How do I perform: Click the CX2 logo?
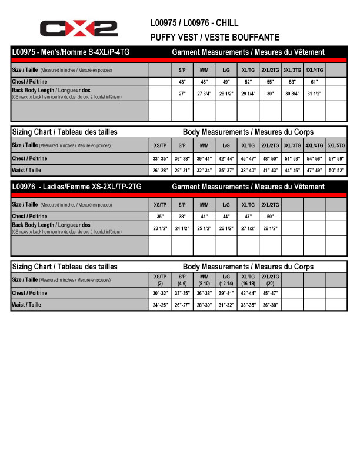(78, 28)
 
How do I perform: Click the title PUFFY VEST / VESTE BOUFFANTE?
(215, 37)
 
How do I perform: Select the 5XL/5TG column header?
(336, 145)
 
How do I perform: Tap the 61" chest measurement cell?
(314, 81)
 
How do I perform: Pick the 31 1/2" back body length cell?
(314, 93)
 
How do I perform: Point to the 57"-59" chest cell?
(336, 158)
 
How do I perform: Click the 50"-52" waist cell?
(336, 171)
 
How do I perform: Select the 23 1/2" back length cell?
(160, 228)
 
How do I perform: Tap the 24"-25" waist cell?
(160, 305)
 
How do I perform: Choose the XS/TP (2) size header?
(160, 279)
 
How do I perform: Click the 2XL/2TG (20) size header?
(270, 279)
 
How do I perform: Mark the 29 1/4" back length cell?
(248, 93)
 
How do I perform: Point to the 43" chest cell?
(182, 81)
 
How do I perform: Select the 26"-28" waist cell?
(160, 171)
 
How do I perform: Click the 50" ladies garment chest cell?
(270, 216)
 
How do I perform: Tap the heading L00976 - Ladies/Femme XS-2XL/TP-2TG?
(76, 187)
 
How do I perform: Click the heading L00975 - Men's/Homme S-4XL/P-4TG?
(71, 52)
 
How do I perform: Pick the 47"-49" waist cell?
(314, 171)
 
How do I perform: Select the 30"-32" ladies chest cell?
(160, 293)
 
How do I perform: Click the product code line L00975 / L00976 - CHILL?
(194, 24)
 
